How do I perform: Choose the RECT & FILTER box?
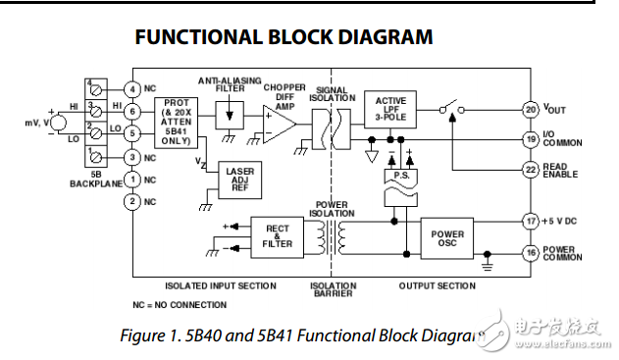(x=278, y=236)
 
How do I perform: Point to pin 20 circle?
(x=531, y=110)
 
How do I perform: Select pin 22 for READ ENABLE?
(x=531, y=170)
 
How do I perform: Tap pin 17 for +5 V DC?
(x=531, y=221)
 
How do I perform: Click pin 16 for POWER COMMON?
(x=531, y=252)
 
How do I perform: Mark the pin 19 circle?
(x=531, y=139)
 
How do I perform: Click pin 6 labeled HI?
(x=132, y=112)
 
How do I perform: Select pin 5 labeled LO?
(x=132, y=134)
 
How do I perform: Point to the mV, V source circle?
(x=55, y=124)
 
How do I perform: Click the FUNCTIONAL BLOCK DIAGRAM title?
(x=284, y=37)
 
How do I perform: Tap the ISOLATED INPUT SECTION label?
(x=220, y=286)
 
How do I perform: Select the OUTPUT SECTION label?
(x=437, y=286)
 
